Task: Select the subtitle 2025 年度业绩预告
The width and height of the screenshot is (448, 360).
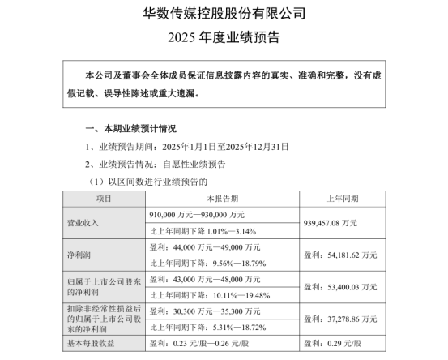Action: pyautogui.click(x=224, y=36)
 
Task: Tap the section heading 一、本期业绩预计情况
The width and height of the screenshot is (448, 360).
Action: pyautogui.click(x=130, y=130)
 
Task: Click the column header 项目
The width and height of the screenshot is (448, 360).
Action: pyautogui.click(x=104, y=198)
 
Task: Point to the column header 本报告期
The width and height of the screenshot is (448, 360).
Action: pyautogui.click(x=222, y=198)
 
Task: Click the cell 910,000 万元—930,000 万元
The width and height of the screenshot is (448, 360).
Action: pyautogui.click(x=198, y=214)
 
